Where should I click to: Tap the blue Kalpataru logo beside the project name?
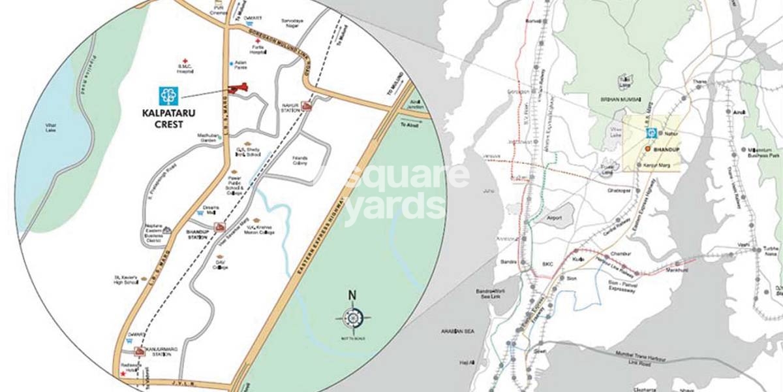[x=168, y=96]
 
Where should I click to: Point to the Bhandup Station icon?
[x=220, y=227]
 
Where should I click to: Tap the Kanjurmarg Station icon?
[x=138, y=350]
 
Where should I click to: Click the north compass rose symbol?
[x=353, y=318]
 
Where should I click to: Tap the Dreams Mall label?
[x=211, y=210]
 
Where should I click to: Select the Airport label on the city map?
[x=554, y=218]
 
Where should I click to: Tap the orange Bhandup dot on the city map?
[x=647, y=149]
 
